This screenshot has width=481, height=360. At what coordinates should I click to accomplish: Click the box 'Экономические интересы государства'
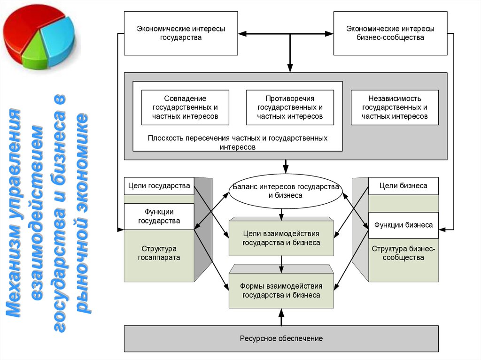click(x=181, y=33)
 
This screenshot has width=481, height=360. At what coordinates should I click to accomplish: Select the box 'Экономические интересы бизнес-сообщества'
click(x=390, y=33)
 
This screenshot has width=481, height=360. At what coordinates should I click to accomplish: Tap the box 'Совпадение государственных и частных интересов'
click(x=185, y=107)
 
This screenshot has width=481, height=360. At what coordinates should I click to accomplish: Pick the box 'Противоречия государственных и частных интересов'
click(x=290, y=107)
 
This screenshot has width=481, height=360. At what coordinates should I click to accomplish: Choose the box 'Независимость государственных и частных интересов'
click(x=395, y=107)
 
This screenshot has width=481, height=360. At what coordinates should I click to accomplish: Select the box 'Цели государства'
click(x=159, y=186)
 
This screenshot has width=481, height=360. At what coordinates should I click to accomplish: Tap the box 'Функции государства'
click(x=159, y=216)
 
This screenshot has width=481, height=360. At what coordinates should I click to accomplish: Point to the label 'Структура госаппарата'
click(x=159, y=253)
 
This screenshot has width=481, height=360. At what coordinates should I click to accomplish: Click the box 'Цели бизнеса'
click(x=403, y=186)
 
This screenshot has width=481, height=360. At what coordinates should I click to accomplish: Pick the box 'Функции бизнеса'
click(x=403, y=225)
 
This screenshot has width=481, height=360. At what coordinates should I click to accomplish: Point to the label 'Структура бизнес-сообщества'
click(x=403, y=253)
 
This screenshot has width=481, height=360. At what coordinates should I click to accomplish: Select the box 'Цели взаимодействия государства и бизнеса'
click(x=281, y=238)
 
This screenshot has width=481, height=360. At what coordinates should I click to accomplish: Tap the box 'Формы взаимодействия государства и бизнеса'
click(x=281, y=291)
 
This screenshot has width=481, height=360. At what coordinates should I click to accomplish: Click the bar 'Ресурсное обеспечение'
click(x=281, y=338)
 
